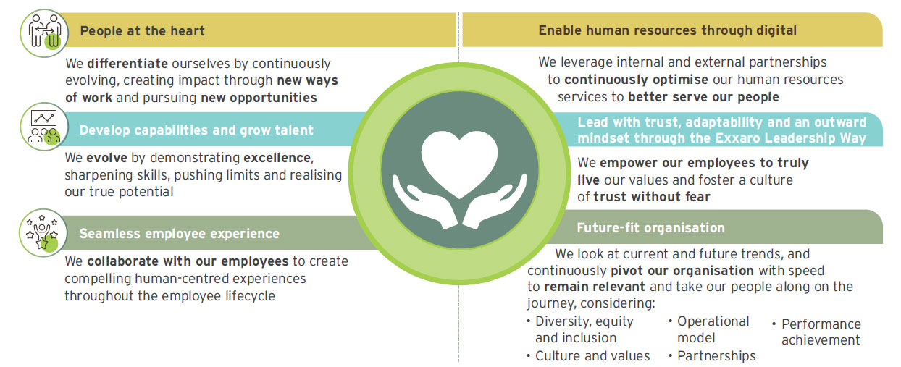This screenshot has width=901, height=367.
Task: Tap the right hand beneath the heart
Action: click(x=495, y=202)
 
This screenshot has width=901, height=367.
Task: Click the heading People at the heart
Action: click(x=143, y=31)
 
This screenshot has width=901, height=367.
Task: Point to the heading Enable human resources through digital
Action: click(x=667, y=30)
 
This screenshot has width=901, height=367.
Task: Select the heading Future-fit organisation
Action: click(x=650, y=228)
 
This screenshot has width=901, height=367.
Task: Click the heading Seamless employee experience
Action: click(x=180, y=234)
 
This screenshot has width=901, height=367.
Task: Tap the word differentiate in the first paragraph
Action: click(x=127, y=64)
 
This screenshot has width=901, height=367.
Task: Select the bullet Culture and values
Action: click(x=588, y=355)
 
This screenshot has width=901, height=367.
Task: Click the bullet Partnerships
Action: click(x=712, y=355)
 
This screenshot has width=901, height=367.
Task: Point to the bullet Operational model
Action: click(x=709, y=329)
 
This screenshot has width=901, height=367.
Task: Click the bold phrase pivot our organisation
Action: click(x=682, y=271)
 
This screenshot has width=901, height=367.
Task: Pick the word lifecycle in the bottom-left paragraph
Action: click(x=250, y=296)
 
